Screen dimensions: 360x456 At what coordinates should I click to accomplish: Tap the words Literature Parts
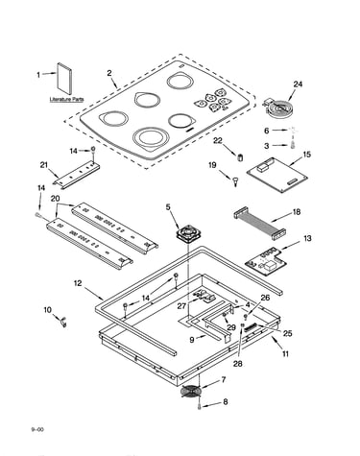66,100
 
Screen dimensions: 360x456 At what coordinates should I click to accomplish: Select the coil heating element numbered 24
277,108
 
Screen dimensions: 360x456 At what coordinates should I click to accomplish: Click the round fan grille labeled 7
191,391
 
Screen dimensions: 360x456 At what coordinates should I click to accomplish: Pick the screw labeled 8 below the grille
200,406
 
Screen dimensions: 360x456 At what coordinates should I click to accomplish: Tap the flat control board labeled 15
277,176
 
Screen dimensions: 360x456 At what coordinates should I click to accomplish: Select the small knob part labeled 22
240,157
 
